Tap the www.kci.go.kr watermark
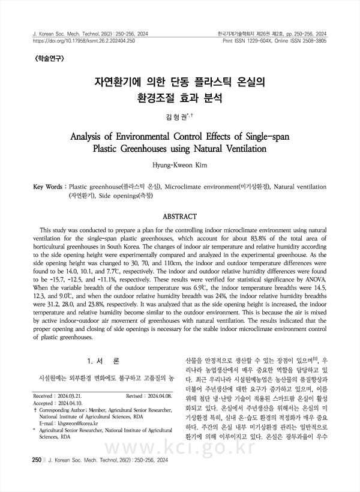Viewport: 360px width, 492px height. click(180, 457)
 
